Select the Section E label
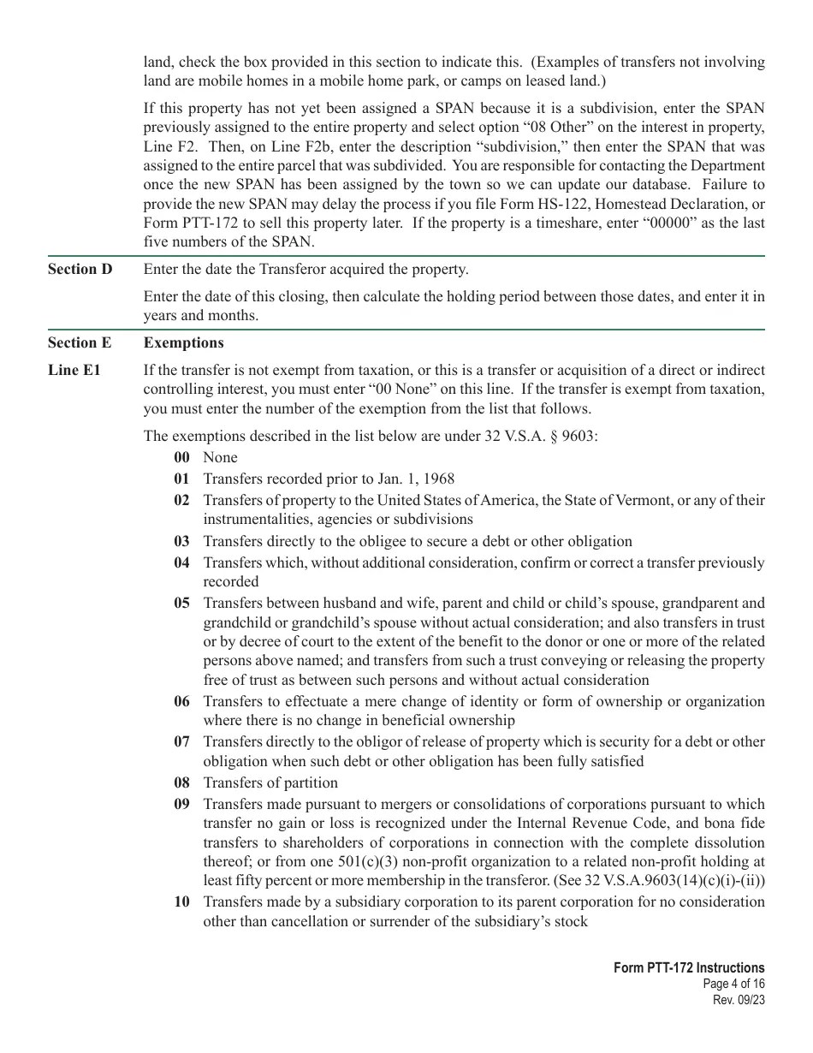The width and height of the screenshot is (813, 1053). coord(79,342)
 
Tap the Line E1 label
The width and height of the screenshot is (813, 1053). coord(74,371)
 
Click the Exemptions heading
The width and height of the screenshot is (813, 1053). coord(183,342)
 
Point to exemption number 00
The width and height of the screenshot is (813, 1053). coord(181,457)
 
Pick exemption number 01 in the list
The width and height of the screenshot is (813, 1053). coord(181,479)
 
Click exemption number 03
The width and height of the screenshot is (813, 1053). coord(181,541)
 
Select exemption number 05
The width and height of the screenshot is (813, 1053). coord(181,603)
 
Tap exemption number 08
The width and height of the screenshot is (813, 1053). coord(181,782)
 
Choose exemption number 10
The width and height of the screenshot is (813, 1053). coord(181,901)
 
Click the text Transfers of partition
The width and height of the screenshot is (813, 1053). coord(270,782)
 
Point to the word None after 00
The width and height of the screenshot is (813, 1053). coord(220,457)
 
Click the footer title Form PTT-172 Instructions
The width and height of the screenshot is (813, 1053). coord(689,967)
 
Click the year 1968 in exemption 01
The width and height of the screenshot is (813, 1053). coord(437,479)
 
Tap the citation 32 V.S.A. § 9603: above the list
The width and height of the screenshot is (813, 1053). coord(540,436)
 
